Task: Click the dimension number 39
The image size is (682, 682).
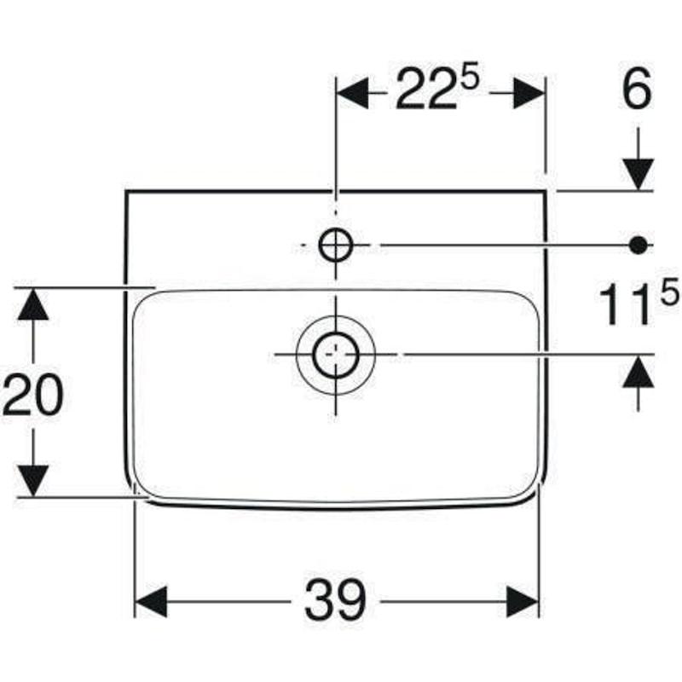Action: (x=335, y=600)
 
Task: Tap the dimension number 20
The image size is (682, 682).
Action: (x=33, y=395)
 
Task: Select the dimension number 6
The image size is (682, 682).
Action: (x=637, y=89)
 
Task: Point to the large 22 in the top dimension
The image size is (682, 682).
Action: (x=427, y=89)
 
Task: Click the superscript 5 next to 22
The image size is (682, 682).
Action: (x=470, y=75)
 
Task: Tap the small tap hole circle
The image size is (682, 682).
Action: (x=335, y=245)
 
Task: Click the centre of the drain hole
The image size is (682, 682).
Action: (x=335, y=355)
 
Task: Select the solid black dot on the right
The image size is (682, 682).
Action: (x=638, y=246)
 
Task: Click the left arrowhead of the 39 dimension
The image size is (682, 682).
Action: (x=151, y=602)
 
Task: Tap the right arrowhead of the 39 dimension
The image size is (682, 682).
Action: (x=523, y=602)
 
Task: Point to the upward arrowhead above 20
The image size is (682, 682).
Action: (x=33, y=304)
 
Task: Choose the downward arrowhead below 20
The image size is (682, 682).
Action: (x=33, y=481)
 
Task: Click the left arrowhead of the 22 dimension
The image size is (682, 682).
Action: (x=352, y=93)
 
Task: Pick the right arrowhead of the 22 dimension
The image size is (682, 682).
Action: (x=529, y=93)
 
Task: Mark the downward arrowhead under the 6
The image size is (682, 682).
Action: (x=638, y=175)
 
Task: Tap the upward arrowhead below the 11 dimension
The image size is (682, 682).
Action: (x=638, y=371)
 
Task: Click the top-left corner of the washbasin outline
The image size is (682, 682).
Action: (x=125, y=190)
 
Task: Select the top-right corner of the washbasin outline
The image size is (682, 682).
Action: (x=546, y=190)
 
